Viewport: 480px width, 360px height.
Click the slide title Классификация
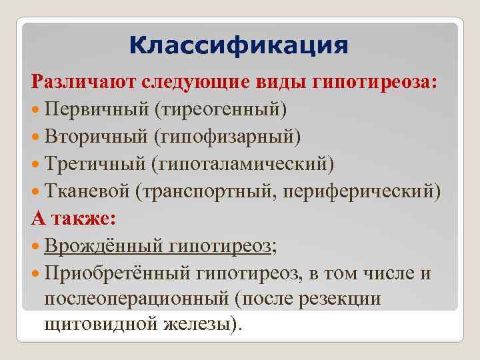point(239,47)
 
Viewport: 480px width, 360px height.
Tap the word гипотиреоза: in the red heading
point(374,81)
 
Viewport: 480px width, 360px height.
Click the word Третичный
point(95,163)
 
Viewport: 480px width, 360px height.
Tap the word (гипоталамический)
point(243,163)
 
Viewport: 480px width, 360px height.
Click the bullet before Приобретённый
point(36,274)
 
